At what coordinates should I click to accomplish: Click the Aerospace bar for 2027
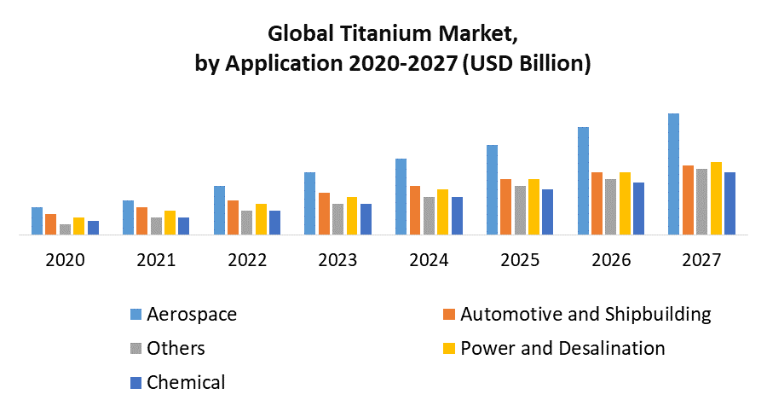pyautogui.click(x=673, y=173)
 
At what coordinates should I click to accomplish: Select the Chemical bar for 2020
pyautogui.click(x=93, y=227)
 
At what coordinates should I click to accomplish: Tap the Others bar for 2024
pyautogui.click(x=430, y=215)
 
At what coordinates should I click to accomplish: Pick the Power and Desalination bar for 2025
pyautogui.click(x=534, y=206)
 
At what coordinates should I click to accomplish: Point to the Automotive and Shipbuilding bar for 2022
pyautogui.click(x=233, y=217)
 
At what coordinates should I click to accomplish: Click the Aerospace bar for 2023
pyautogui.click(x=309, y=203)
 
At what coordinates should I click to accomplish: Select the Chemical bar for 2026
pyautogui.click(x=639, y=207)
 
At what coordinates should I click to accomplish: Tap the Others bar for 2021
pyautogui.click(x=156, y=225)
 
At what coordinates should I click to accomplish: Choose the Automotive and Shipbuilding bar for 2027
pyautogui.click(x=688, y=199)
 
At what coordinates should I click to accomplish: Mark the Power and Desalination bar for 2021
pyautogui.click(x=170, y=222)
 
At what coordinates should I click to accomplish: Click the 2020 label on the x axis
pyautogui.click(x=65, y=260)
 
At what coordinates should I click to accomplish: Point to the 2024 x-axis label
pyautogui.click(x=429, y=260)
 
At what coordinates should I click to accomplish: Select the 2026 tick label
pyautogui.click(x=610, y=260)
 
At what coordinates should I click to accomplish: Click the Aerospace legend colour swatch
pyautogui.click(x=135, y=315)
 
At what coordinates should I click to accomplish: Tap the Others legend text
pyautogui.click(x=176, y=348)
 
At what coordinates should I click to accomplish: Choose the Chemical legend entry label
pyautogui.click(x=186, y=382)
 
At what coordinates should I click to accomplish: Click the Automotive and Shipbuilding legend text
pyautogui.click(x=585, y=314)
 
